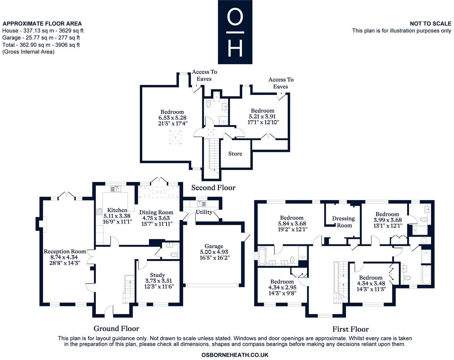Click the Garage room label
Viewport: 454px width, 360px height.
point(214,246)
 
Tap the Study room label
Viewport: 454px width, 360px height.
point(157,275)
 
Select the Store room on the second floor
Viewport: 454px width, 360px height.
point(235,154)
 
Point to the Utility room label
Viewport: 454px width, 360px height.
point(204,212)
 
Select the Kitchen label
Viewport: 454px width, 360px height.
point(117,210)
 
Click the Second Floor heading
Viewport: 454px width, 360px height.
point(213,188)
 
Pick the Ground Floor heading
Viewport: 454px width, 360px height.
point(116,329)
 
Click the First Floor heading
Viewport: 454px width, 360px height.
point(351,329)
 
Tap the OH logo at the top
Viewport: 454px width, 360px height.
point(235,32)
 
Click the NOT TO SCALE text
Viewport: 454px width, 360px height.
point(430,24)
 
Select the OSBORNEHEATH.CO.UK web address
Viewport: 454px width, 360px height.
point(235,355)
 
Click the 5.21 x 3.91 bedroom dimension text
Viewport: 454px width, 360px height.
point(262,116)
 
